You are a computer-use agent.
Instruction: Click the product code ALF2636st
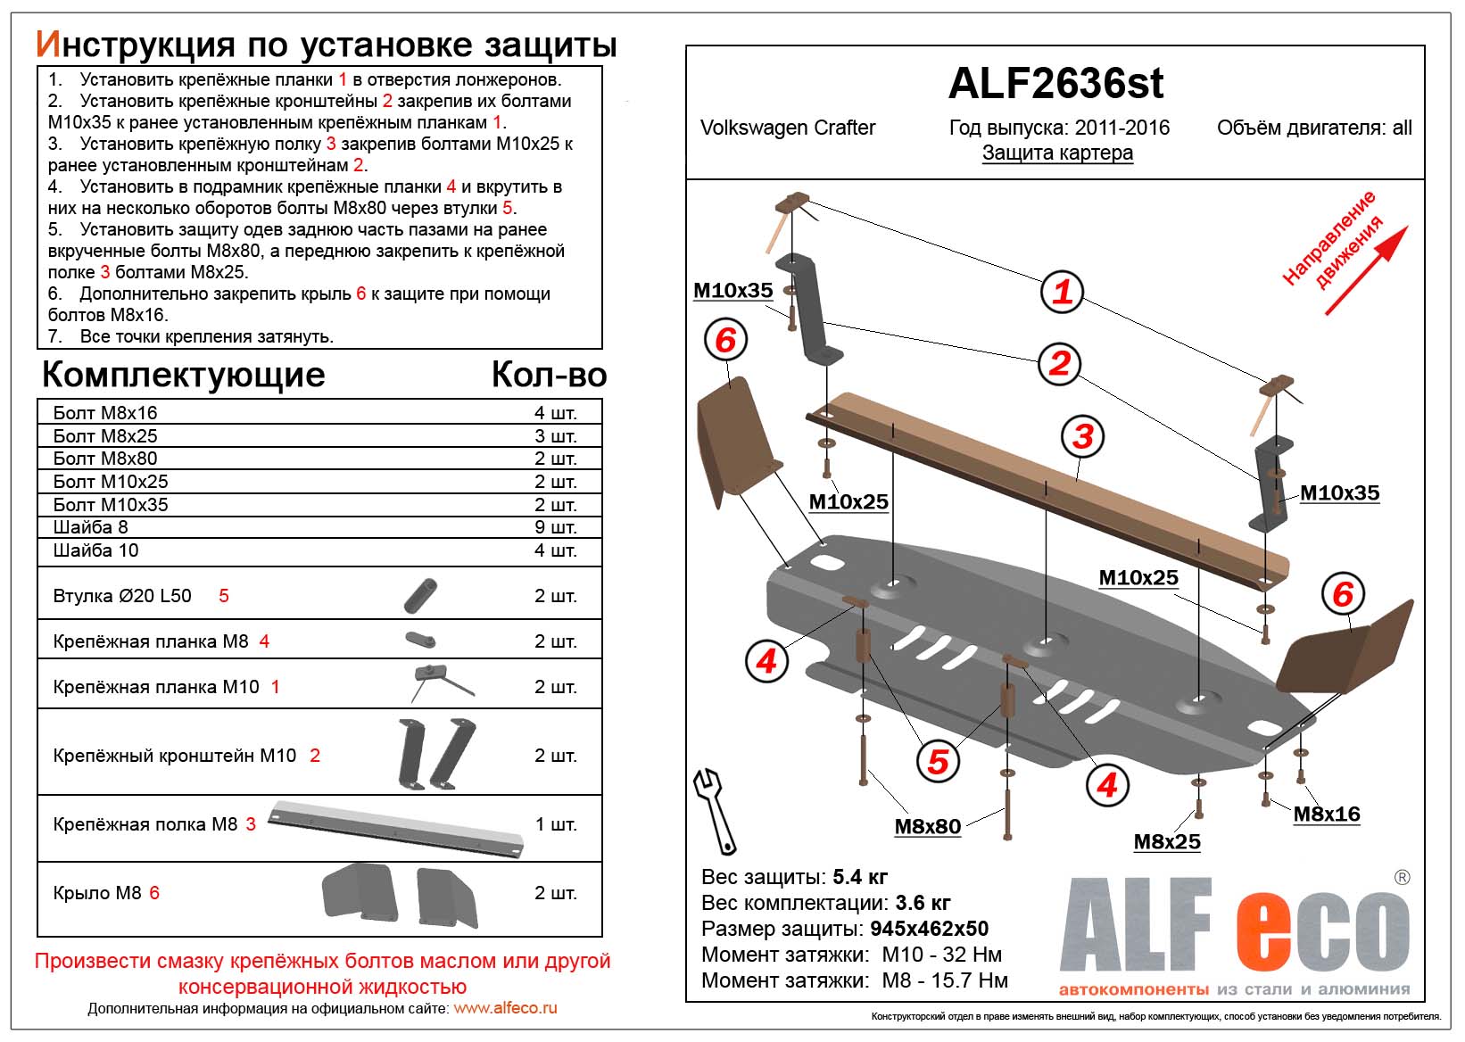[1055, 84]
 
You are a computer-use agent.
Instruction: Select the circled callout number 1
[1062, 292]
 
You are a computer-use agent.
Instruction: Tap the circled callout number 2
[1059, 363]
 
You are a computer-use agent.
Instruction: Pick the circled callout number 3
[1083, 436]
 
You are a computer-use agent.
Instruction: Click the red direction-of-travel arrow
[1366, 270]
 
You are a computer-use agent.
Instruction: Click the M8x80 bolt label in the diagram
[928, 827]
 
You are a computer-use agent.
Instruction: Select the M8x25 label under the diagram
[1167, 842]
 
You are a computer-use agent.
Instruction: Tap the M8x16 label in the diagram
[1327, 814]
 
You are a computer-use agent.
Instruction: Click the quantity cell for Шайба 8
[555, 527]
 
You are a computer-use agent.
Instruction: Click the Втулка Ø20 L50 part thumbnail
[420, 595]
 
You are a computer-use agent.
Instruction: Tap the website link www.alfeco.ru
[506, 1008]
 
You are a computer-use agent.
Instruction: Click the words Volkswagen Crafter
[788, 128]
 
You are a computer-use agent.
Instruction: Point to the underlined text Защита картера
[1057, 153]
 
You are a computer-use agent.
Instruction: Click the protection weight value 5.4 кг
[860, 877]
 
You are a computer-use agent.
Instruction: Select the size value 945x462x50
[929, 929]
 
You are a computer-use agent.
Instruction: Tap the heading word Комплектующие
[184, 375]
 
